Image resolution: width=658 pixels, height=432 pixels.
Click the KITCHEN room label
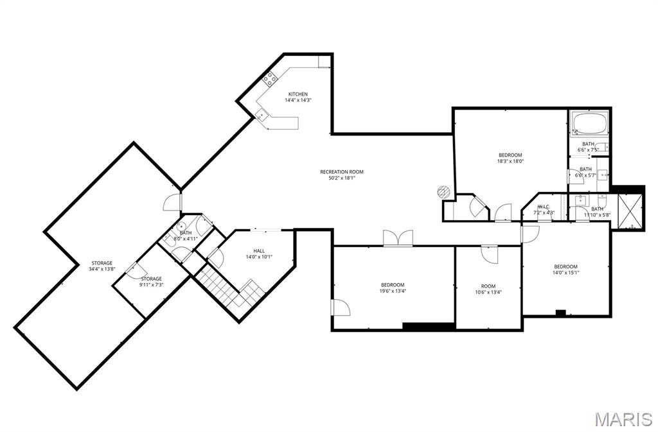tap(298, 94)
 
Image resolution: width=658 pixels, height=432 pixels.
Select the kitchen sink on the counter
tap(261, 115)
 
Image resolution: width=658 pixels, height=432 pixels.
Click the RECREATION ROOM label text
tap(342, 171)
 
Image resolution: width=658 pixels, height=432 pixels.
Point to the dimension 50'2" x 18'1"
tap(342, 178)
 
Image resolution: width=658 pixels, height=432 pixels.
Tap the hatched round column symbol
tap(443, 191)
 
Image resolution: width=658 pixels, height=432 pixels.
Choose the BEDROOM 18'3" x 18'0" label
tap(510, 155)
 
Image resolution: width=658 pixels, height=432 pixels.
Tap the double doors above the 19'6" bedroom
tap(398, 238)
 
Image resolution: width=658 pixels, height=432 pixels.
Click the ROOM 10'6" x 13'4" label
tap(488, 286)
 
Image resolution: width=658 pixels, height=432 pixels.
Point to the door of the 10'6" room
tap(489, 253)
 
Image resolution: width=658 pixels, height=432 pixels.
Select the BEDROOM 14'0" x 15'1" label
tap(565, 266)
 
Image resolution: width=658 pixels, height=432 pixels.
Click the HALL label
tap(259, 251)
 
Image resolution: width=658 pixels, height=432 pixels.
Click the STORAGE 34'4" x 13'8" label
tap(102, 263)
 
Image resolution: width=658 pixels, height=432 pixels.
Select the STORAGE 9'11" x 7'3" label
tap(152, 279)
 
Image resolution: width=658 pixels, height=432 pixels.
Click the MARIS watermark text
tap(623, 420)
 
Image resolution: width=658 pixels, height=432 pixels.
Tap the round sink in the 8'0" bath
tap(182, 226)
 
